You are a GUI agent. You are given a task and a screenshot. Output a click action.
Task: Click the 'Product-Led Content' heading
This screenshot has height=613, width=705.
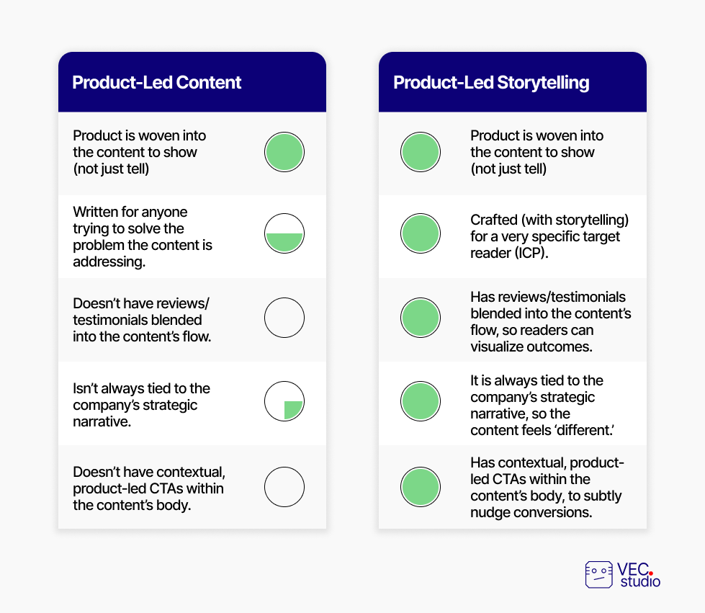click(156, 82)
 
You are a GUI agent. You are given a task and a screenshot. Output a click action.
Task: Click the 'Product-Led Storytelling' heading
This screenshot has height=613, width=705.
click(491, 83)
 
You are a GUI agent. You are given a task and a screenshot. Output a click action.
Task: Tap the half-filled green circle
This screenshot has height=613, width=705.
click(284, 233)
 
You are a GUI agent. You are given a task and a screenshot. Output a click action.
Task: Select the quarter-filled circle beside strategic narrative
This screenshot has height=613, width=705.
click(284, 401)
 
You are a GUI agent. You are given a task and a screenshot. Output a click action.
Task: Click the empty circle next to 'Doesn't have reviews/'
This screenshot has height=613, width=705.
click(284, 318)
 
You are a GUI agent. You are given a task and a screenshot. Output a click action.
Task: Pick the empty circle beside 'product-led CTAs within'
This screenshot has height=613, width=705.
click(284, 487)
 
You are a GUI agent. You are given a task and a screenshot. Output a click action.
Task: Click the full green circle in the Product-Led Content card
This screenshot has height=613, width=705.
click(284, 152)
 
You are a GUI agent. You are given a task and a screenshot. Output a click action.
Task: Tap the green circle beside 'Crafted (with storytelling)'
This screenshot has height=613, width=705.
click(421, 233)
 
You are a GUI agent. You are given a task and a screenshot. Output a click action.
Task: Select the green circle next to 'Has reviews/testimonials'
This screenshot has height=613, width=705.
click(421, 318)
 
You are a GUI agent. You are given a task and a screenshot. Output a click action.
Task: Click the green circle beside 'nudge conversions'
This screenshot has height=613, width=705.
click(421, 487)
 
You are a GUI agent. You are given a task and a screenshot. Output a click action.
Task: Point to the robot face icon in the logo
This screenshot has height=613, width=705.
click(599, 574)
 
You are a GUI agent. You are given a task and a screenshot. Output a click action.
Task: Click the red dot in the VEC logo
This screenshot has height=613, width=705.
click(650, 573)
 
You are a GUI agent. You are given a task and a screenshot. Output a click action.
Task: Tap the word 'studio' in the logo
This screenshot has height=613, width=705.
click(640, 581)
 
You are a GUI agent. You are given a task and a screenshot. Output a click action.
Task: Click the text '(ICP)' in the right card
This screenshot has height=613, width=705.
click(532, 254)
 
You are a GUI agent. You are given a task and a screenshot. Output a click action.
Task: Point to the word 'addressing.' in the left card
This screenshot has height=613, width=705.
click(109, 261)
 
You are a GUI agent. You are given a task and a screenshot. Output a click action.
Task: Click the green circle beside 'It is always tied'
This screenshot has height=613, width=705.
click(421, 401)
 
